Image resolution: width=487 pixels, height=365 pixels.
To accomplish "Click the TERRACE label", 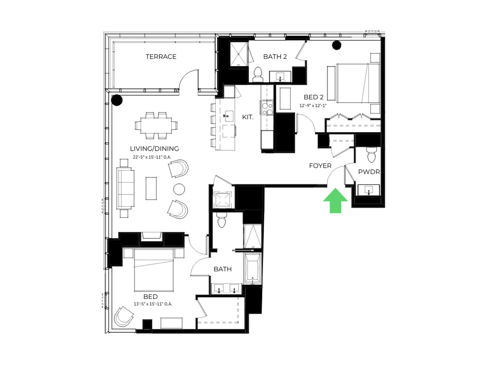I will (161, 57).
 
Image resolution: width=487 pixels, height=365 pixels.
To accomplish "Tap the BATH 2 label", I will (274, 57).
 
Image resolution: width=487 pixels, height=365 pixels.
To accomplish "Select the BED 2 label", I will (313, 97).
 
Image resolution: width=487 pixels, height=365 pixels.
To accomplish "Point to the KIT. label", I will (248, 117).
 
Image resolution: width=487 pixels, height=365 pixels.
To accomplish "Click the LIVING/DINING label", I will (154, 149).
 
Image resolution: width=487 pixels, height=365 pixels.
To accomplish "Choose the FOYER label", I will (320, 166).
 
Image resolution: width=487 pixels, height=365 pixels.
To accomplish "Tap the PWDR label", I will (368, 172).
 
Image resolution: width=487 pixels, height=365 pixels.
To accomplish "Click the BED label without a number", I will (150, 297).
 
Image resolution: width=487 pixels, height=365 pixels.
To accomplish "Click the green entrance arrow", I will (335, 201).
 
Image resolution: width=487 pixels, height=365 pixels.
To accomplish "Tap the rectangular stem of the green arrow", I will (335, 208).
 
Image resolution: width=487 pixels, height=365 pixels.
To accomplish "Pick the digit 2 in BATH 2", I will (285, 57).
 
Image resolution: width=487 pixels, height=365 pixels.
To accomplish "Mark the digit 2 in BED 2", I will (321, 97).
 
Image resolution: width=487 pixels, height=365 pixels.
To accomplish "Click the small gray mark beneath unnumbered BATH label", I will (226, 293).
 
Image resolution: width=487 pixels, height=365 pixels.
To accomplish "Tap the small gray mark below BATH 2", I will (280, 80).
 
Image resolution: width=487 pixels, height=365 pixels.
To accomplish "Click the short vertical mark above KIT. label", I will (235, 92).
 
